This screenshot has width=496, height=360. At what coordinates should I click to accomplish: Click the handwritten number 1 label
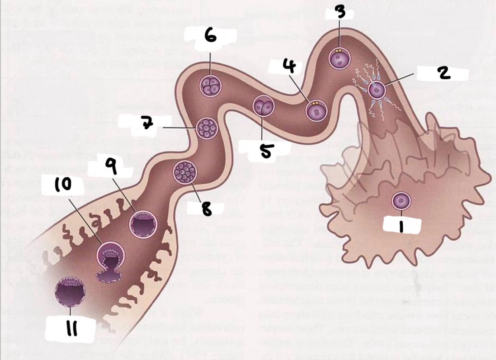[x=401, y=225]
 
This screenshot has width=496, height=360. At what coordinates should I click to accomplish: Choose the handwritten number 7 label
[x=148, y=123]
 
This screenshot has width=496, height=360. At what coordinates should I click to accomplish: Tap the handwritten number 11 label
[x=71, y=328]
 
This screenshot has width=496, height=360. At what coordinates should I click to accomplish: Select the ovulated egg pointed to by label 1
[x=401, y=201]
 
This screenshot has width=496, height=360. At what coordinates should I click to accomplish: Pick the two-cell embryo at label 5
[x=263, y=106]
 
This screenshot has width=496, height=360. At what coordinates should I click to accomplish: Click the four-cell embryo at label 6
[x=211, y=86]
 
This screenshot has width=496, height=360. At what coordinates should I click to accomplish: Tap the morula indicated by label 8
[x=185, y=172]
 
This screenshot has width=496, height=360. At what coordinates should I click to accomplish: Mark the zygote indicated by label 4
[x=316, y=110]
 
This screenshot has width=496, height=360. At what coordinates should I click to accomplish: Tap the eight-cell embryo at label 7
[x=206, y=129]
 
